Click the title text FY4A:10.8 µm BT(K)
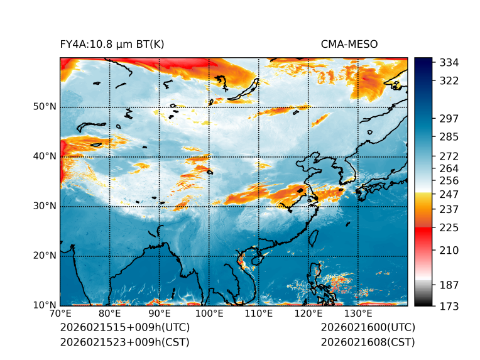pyautogui.click(x=112, y=45)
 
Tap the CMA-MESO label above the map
pyautogui.click(x=349, y=45)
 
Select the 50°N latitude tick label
pyautogui.click(x=45, y=107)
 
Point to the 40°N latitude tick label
pyautogui.click(x=45, y=156)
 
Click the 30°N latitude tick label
pyautogui.click(x=45, y=206)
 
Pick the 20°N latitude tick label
pyautogui.click(x=45, y=256)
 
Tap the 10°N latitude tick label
pyautogui.click(x=45, y=305)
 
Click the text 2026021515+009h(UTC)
pyautogui.click(x=124, y=328)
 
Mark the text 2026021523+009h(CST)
pyautogui.click(x=124, y=342)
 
